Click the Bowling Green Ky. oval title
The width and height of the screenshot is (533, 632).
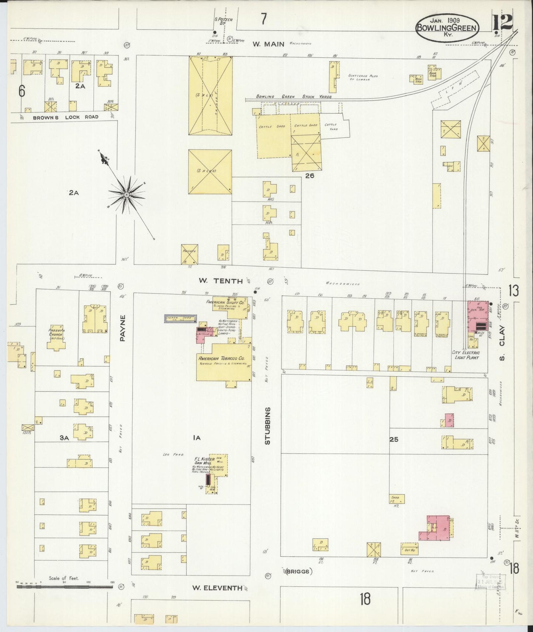pos(448,28)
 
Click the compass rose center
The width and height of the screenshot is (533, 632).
pos(126,194)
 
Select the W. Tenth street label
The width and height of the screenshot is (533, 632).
pos(221,281)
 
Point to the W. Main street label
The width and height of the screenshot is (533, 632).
pos(268,44)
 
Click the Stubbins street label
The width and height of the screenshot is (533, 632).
pos(268,426)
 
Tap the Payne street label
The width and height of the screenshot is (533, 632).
pos(123,328)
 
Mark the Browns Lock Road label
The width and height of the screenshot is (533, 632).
pos(66,117)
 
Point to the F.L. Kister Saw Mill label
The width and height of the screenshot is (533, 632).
pos(204,461)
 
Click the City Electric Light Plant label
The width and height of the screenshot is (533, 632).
pos(465,355)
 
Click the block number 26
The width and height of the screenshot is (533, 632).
pos(309,176)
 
